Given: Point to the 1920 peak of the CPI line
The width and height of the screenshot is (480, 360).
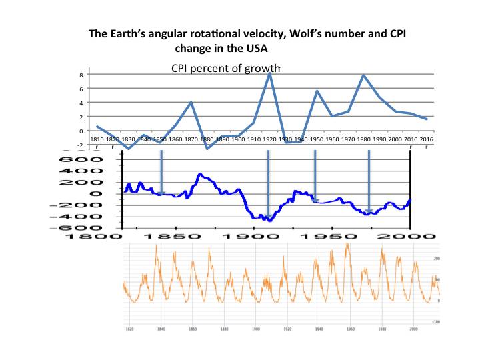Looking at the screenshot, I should click(269, 73).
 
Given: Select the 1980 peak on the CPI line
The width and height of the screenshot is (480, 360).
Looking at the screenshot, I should click(364, 75).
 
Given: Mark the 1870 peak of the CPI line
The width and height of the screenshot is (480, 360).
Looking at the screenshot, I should click(191, 102).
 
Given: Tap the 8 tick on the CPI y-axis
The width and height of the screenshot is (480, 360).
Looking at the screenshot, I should click(81, 75).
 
